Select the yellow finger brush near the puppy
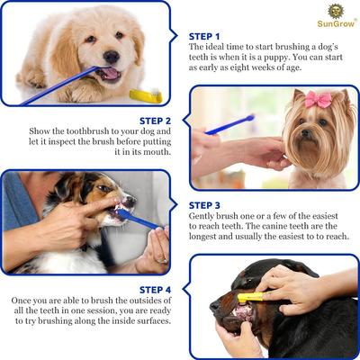coord(146,94)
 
